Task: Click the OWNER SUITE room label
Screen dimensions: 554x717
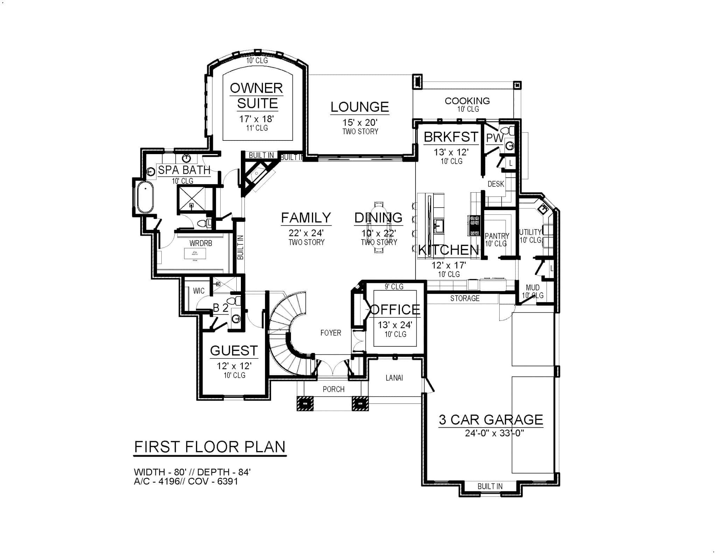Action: [256, 96]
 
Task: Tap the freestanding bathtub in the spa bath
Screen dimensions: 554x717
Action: [145, 197]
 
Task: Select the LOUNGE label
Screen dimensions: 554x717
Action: [360, 107]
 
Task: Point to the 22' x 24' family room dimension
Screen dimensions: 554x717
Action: [306, 233]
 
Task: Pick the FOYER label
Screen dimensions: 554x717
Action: [330, 333]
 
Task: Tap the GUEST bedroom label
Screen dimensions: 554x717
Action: [234, 351]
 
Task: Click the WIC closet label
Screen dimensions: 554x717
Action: [199, 291]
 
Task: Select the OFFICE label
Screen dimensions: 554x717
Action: [395, 310]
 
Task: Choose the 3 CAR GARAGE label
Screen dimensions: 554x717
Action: [490, 420]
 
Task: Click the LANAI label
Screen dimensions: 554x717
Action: [394, 378]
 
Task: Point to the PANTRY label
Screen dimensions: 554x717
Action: [496, 236]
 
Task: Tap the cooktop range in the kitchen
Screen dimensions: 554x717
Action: [475, 226]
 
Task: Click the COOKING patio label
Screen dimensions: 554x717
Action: [467, 101]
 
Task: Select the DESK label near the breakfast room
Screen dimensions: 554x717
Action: [495, 184]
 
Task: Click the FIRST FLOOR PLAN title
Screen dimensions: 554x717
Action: [210, 447]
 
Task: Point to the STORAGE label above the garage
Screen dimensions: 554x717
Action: [465, 298]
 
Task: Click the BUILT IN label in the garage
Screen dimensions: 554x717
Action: [489, 486]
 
